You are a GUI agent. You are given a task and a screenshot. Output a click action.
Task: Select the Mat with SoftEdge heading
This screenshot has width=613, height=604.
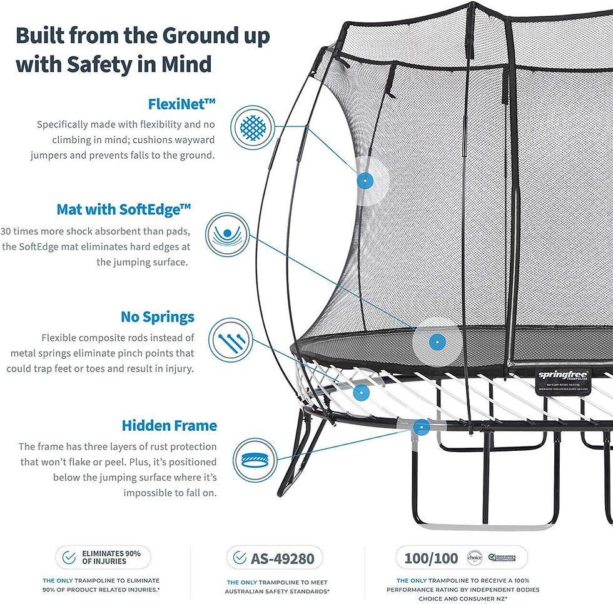pyautogui.click(x=133, y=209)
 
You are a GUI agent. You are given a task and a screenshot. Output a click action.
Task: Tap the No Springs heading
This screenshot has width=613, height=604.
pyautogui.click(x=158, y=317)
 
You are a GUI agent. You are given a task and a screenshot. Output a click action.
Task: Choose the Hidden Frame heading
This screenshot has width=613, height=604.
pyautogui.click(x=170, y=426)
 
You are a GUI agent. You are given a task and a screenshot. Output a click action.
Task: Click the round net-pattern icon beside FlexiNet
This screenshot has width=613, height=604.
pyautogui.click(x=253, y=127)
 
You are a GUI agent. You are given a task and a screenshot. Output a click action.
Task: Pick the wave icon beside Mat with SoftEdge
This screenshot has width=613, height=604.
pyautogui.click(x=228, y=234)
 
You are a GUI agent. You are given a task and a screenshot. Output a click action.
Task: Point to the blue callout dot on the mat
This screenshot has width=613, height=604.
pyautogui.click(x=437, y=341)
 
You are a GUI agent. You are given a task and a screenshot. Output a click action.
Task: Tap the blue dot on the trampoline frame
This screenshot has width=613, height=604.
pyautogui.click(x=422, y=427)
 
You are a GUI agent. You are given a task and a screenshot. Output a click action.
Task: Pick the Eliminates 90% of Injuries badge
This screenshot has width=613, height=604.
pyautogui.click(x=103, y=557)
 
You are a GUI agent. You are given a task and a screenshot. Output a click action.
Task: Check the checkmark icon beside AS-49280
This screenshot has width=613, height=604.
pyautogui.click(x=239, y=557)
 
